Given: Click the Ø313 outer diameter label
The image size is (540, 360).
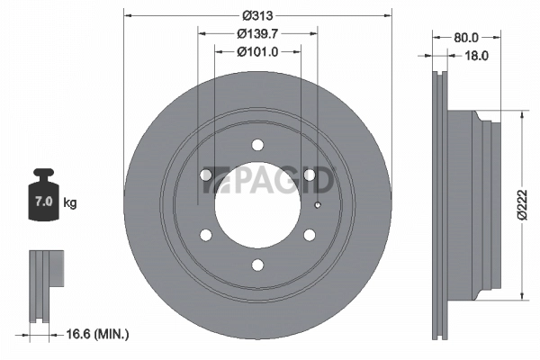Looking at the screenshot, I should click(x=257, y=16).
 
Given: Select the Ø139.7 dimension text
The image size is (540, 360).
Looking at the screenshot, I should click(x=256, y=34).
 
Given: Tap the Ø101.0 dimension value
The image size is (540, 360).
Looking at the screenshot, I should click(x=256, y=52).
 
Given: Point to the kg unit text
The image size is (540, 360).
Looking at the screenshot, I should click(x=70, y=203).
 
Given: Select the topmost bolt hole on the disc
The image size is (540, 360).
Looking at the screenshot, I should click(x=258, y=145).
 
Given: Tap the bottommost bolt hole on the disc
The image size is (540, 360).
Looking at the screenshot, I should click(x=258, y=264).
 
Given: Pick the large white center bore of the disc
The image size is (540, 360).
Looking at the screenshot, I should click(x=257, y=204).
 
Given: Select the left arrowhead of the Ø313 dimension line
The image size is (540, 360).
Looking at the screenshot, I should click(x=127, y=15).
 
